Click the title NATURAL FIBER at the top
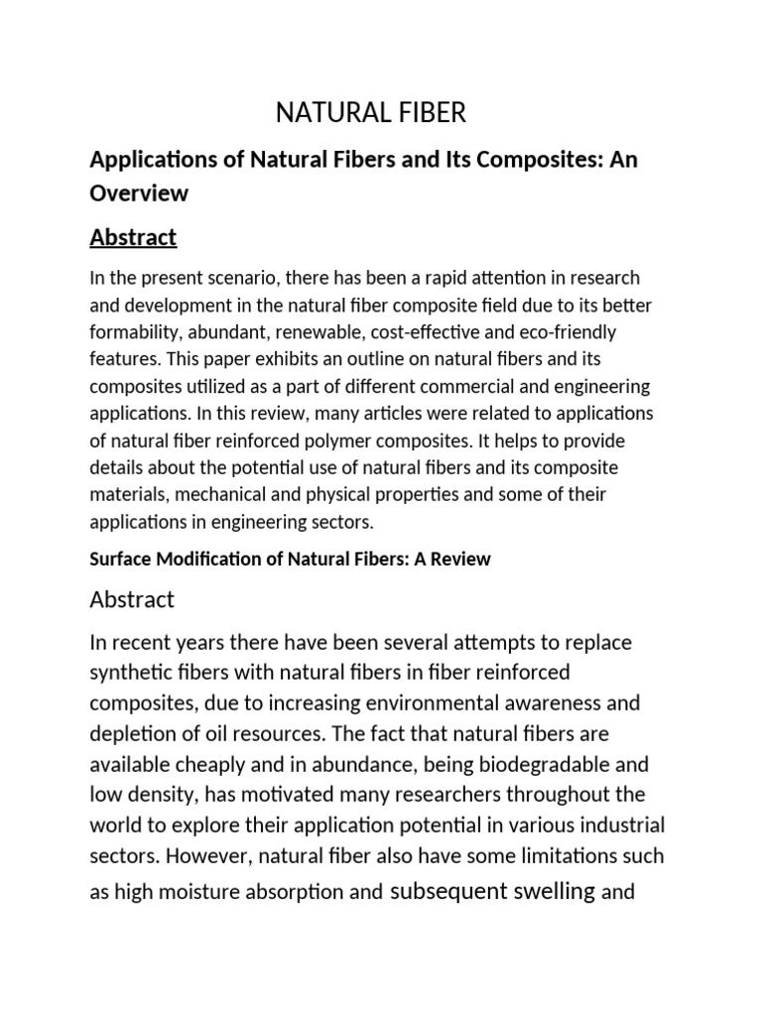(370, 113)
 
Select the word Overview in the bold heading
(139, 194)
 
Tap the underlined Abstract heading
(133, 237)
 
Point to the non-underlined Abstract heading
(132, 599)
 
